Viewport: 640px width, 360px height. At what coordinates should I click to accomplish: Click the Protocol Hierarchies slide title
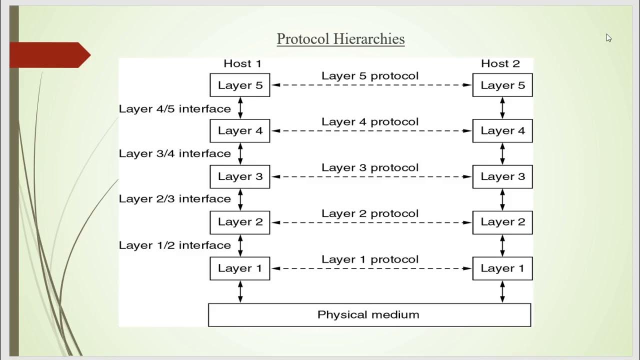pos(340,39)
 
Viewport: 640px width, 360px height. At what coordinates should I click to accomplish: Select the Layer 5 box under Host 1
pos(240,85)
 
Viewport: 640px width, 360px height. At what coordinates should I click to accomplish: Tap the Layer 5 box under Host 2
pos(502,85)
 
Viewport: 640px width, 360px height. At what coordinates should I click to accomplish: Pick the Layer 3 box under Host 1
pos(240,176)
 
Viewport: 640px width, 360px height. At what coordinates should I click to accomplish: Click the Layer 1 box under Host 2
pos(502,268)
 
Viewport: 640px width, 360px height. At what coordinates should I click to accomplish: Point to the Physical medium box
pos(369,315)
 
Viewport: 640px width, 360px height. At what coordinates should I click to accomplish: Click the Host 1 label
pos(242,63)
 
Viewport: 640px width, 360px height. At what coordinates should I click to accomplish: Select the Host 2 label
pos(500,63)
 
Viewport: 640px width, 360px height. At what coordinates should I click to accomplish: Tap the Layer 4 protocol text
pos(370,121)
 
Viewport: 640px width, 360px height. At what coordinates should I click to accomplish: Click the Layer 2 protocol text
pos(370,213)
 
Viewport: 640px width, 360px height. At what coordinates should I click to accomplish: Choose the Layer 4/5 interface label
pos(174,108)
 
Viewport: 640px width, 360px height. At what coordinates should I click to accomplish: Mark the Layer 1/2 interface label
pos(174,245)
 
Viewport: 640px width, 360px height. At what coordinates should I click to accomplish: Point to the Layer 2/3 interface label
pos(174,198)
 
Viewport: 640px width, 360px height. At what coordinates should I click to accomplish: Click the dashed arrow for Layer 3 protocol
pos(371,177)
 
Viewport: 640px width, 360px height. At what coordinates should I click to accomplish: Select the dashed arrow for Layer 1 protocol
pos(371,268)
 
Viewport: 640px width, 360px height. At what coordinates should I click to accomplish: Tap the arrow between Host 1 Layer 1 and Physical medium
pos(240,291)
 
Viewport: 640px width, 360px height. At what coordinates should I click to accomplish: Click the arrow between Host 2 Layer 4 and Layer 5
pos(502,108)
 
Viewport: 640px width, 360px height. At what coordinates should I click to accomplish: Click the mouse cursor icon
pos(608,38)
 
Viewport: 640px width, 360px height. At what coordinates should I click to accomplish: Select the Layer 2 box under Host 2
pos(502,222)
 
